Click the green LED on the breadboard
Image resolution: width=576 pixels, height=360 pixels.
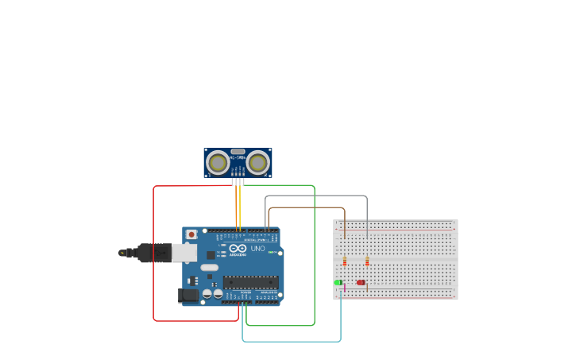(338, 282)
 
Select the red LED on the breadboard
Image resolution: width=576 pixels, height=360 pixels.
(361, 282)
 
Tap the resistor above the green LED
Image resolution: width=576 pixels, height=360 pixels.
(345, 261)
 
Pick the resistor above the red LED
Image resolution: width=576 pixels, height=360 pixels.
(367, 261)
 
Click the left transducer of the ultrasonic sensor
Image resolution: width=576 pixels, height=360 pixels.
(217, 163)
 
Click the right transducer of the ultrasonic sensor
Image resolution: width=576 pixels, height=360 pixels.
(257, 163)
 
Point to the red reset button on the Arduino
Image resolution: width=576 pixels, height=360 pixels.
(191, 234)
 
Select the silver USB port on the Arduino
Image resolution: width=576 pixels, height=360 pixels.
(184, 253)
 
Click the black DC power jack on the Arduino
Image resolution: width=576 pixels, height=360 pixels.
(189, 295)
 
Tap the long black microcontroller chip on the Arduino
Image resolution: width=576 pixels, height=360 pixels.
(250, 281)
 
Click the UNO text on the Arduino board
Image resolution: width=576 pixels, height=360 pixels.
(258, 249)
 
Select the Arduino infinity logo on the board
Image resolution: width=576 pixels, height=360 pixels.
(238, 249)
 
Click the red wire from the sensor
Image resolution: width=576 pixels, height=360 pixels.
(153, 254)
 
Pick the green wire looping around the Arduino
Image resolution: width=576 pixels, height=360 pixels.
(315, 254)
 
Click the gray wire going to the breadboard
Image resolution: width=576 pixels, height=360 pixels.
(318, 195)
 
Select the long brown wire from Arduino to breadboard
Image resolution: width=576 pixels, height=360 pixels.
(306, 208)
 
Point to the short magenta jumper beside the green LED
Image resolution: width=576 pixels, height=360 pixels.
(345, 287)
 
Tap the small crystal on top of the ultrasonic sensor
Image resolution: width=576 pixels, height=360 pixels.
(238, 151)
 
